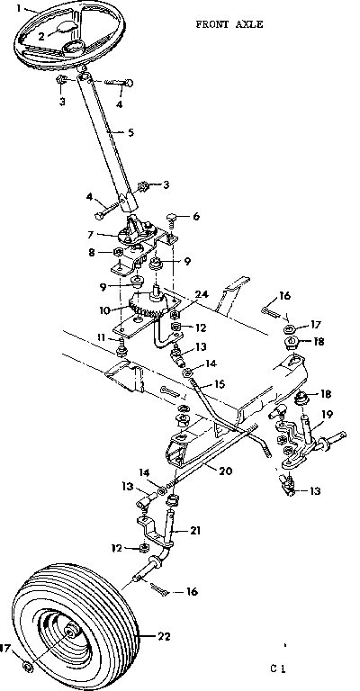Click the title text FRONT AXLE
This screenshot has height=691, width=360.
click(x=229, y=25)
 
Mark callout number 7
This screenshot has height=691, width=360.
click(x=90, y=234)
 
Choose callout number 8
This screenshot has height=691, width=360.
click(x=90, y=254)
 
